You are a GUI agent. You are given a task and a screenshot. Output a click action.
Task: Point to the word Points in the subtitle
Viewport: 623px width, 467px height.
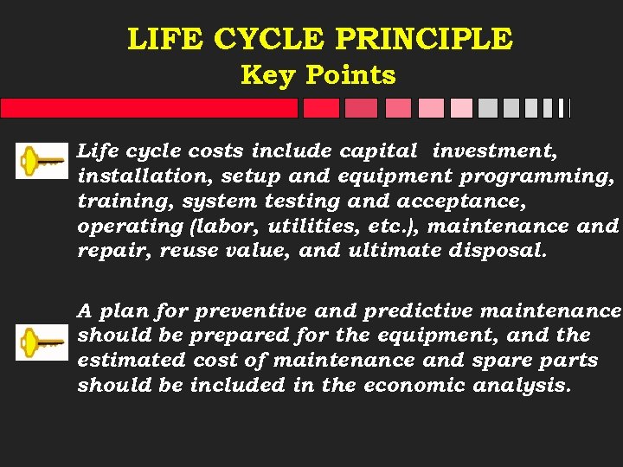pyautogui.click(x=350, y=75)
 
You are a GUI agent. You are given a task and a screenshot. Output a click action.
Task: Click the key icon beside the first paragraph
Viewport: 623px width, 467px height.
pyautogui.click(x=42, y=161)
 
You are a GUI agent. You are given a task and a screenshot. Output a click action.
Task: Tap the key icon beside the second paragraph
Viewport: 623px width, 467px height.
pyautogui.click(x=42, y=342)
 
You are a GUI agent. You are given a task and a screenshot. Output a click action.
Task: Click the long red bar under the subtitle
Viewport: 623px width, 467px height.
pyautogui.click(x=149, y=108)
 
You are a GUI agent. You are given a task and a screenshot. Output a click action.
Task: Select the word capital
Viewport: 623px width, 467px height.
pyautogui.click(x=377, y=150)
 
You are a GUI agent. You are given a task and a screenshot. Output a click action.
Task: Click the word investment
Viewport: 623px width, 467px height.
pyautogui.click(x=494, y=150)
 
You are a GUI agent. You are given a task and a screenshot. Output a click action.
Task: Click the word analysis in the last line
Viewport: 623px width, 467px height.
pyautogui.click(x=522, y=385)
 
